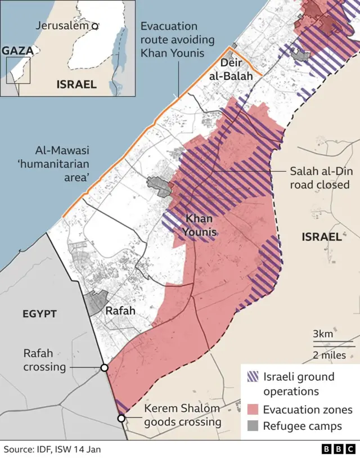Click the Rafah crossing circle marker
pos(104,367)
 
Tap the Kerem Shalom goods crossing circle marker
pos(121,418)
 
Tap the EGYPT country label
pos(39,313)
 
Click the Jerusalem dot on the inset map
pos(95,26)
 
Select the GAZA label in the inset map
pos(17,51)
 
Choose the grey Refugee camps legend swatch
pos(253,426)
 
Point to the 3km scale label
pos(323,334)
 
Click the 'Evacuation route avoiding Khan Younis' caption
pos(177,39)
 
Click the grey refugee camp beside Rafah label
pos(96,303)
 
